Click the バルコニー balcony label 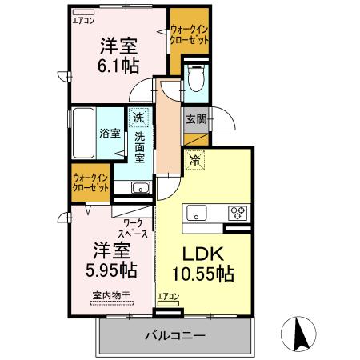pos(175,334)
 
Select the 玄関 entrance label pos(197,119)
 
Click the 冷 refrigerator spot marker pos(194,159)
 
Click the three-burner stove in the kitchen pos(238,213)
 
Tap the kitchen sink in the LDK pos(197,213)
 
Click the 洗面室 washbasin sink pos(139,188)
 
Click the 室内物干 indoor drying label pos(110,297)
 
